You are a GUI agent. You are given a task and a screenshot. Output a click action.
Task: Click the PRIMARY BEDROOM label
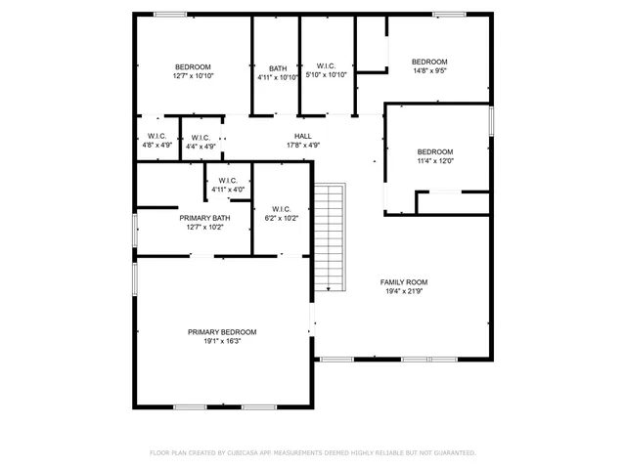pos(222,332)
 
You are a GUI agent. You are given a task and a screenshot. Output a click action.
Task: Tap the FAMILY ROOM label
pos(404,282)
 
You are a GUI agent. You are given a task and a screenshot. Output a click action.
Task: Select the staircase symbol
pos(331,237)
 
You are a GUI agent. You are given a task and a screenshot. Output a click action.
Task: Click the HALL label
pos(303,136)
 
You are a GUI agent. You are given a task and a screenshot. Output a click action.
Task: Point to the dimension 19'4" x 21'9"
pos(404,291)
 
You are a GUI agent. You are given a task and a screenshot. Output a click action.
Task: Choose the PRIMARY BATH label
pos(205,218)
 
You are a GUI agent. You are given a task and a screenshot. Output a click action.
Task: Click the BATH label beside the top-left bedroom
pos(278,68)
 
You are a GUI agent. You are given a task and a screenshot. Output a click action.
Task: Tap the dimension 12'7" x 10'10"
pos(193,76)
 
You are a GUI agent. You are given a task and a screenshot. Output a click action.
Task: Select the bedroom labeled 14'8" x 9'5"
pos(430,62)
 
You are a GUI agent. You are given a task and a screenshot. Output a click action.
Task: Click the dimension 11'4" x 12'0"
pos(435,160)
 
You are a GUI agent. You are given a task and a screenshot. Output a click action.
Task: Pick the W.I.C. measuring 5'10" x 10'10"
pos(327,66)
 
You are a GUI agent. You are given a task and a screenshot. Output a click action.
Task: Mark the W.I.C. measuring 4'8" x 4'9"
pos(156,136)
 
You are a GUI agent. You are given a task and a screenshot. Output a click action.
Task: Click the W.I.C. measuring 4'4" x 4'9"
pos(200,138)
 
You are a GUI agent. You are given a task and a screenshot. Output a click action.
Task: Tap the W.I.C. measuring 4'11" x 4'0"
pos(228,181)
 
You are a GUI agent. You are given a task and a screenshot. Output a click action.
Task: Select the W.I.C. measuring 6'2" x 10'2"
pos(282,209)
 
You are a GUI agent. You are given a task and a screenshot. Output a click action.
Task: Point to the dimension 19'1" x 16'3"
pos(222,341)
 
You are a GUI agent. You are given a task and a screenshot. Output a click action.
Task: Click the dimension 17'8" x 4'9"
pos(303,145)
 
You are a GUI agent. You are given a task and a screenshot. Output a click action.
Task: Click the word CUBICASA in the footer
pos(243,453)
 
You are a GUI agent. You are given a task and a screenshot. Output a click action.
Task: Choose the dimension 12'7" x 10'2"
pos(205,227)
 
